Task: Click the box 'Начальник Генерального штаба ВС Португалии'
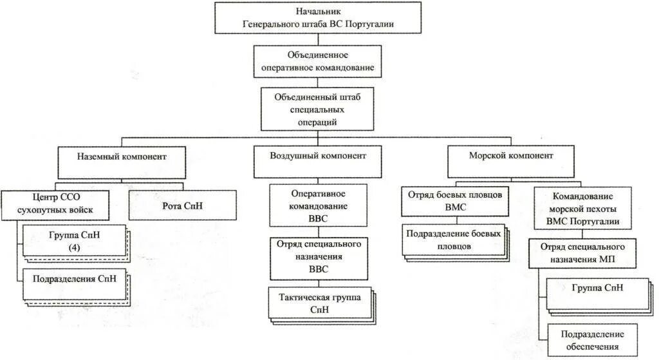(318, 18)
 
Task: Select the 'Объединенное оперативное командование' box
(317, 61)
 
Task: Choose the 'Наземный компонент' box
(122, 156)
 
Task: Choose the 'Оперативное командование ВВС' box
(319, 205)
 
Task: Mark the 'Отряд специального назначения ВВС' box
(319, 257)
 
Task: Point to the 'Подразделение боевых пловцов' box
(454, 240)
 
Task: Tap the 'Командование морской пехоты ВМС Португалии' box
(582, 207)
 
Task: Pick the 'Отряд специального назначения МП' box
(582, 252)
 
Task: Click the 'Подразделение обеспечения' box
(593, 340)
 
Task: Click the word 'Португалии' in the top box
(369, 25)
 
